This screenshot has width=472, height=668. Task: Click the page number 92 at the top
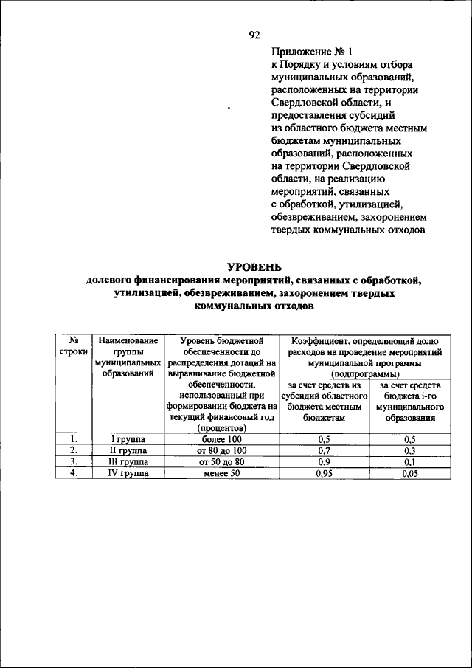(x=254, y=35)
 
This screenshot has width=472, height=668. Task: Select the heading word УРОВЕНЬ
(x=253, y=266)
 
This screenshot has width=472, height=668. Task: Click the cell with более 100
(x=221, y=439)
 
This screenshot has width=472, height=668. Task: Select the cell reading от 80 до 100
(x=221, y=450)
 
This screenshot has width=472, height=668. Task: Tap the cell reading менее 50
(x=221, y=473)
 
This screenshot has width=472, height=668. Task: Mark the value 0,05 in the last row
(x=409, y=473)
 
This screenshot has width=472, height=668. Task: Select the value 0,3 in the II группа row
(x=409, y=450)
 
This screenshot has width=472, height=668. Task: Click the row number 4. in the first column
(x=73, y=472)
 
